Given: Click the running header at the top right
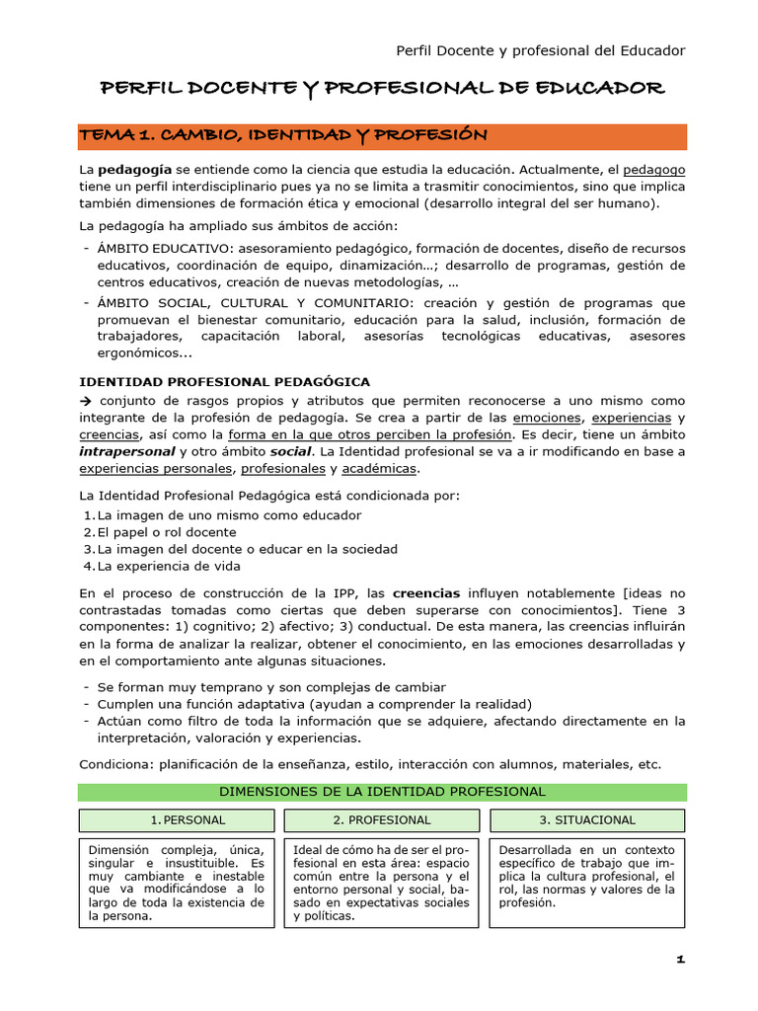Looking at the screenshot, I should pyautogui.click(x=540, y=50).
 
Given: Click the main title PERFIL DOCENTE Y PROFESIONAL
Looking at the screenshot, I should pyautogui.click(x=383, y=89).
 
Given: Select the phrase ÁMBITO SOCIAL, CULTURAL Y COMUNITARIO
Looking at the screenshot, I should pyautogui.click(x=260, y=303).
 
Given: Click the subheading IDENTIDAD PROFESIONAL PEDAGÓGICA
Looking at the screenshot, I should pyautogui.click(x=224, y=381).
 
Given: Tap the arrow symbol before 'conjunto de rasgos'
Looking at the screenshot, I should pyautogui.click(x=85, y=401).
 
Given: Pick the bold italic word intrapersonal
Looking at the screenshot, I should pyautogui.click(x=126, y=451).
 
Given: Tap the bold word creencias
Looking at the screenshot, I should pyautogui.click(x=426, y=593).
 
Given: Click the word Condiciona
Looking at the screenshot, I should pyautogui.click(x=115, y=764).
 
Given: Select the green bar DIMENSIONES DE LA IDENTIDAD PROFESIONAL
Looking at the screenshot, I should pyautogui.click(x=382, y=792).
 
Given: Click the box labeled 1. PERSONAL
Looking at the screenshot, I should pyautogui.click(x=176, y=820).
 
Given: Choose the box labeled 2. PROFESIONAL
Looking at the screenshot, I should pyautogui.click(x=382, y=820).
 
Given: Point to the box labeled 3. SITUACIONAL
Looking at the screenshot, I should pyautogui.click(x=587, y=820).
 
